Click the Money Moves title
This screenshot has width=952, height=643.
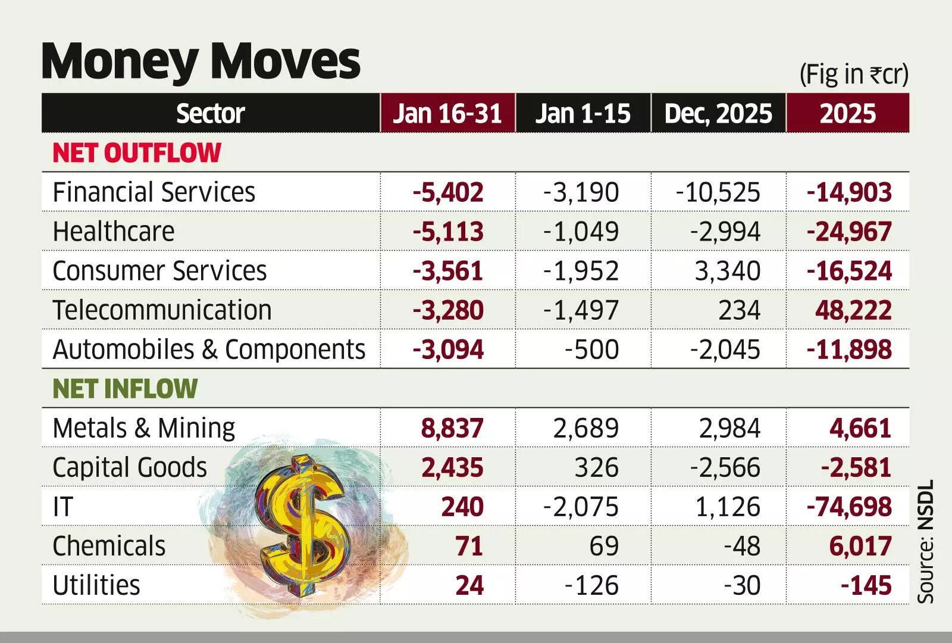coord(201,61)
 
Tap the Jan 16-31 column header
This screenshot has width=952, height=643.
coord(447,113)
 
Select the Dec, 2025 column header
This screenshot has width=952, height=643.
coord(718,113)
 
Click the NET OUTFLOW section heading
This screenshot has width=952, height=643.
coord(137,153)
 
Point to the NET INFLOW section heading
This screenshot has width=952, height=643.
coord(125,389)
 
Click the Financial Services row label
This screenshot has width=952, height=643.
coord(154,192)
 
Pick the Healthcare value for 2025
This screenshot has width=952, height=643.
coord(849,232)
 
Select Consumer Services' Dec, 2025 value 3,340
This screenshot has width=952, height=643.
coord(727,271)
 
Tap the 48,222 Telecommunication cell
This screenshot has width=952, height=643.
coord(853,310)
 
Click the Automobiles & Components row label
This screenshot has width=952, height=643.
coord(209,349)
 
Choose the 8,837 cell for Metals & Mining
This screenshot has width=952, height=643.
coord(452,428)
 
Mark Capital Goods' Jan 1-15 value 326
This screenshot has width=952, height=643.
coord(596,467)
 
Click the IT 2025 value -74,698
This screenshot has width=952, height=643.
coord(849,507)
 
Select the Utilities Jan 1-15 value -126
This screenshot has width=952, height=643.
coord(591,585)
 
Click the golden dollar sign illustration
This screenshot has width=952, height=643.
coord(303,524)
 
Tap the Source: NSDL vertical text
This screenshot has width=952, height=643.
coord(926,542)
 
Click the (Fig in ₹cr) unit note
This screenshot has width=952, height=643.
coord(853,75)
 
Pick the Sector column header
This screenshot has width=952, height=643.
coord(210,113)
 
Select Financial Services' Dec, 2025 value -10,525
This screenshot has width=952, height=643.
coord(718,192)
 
